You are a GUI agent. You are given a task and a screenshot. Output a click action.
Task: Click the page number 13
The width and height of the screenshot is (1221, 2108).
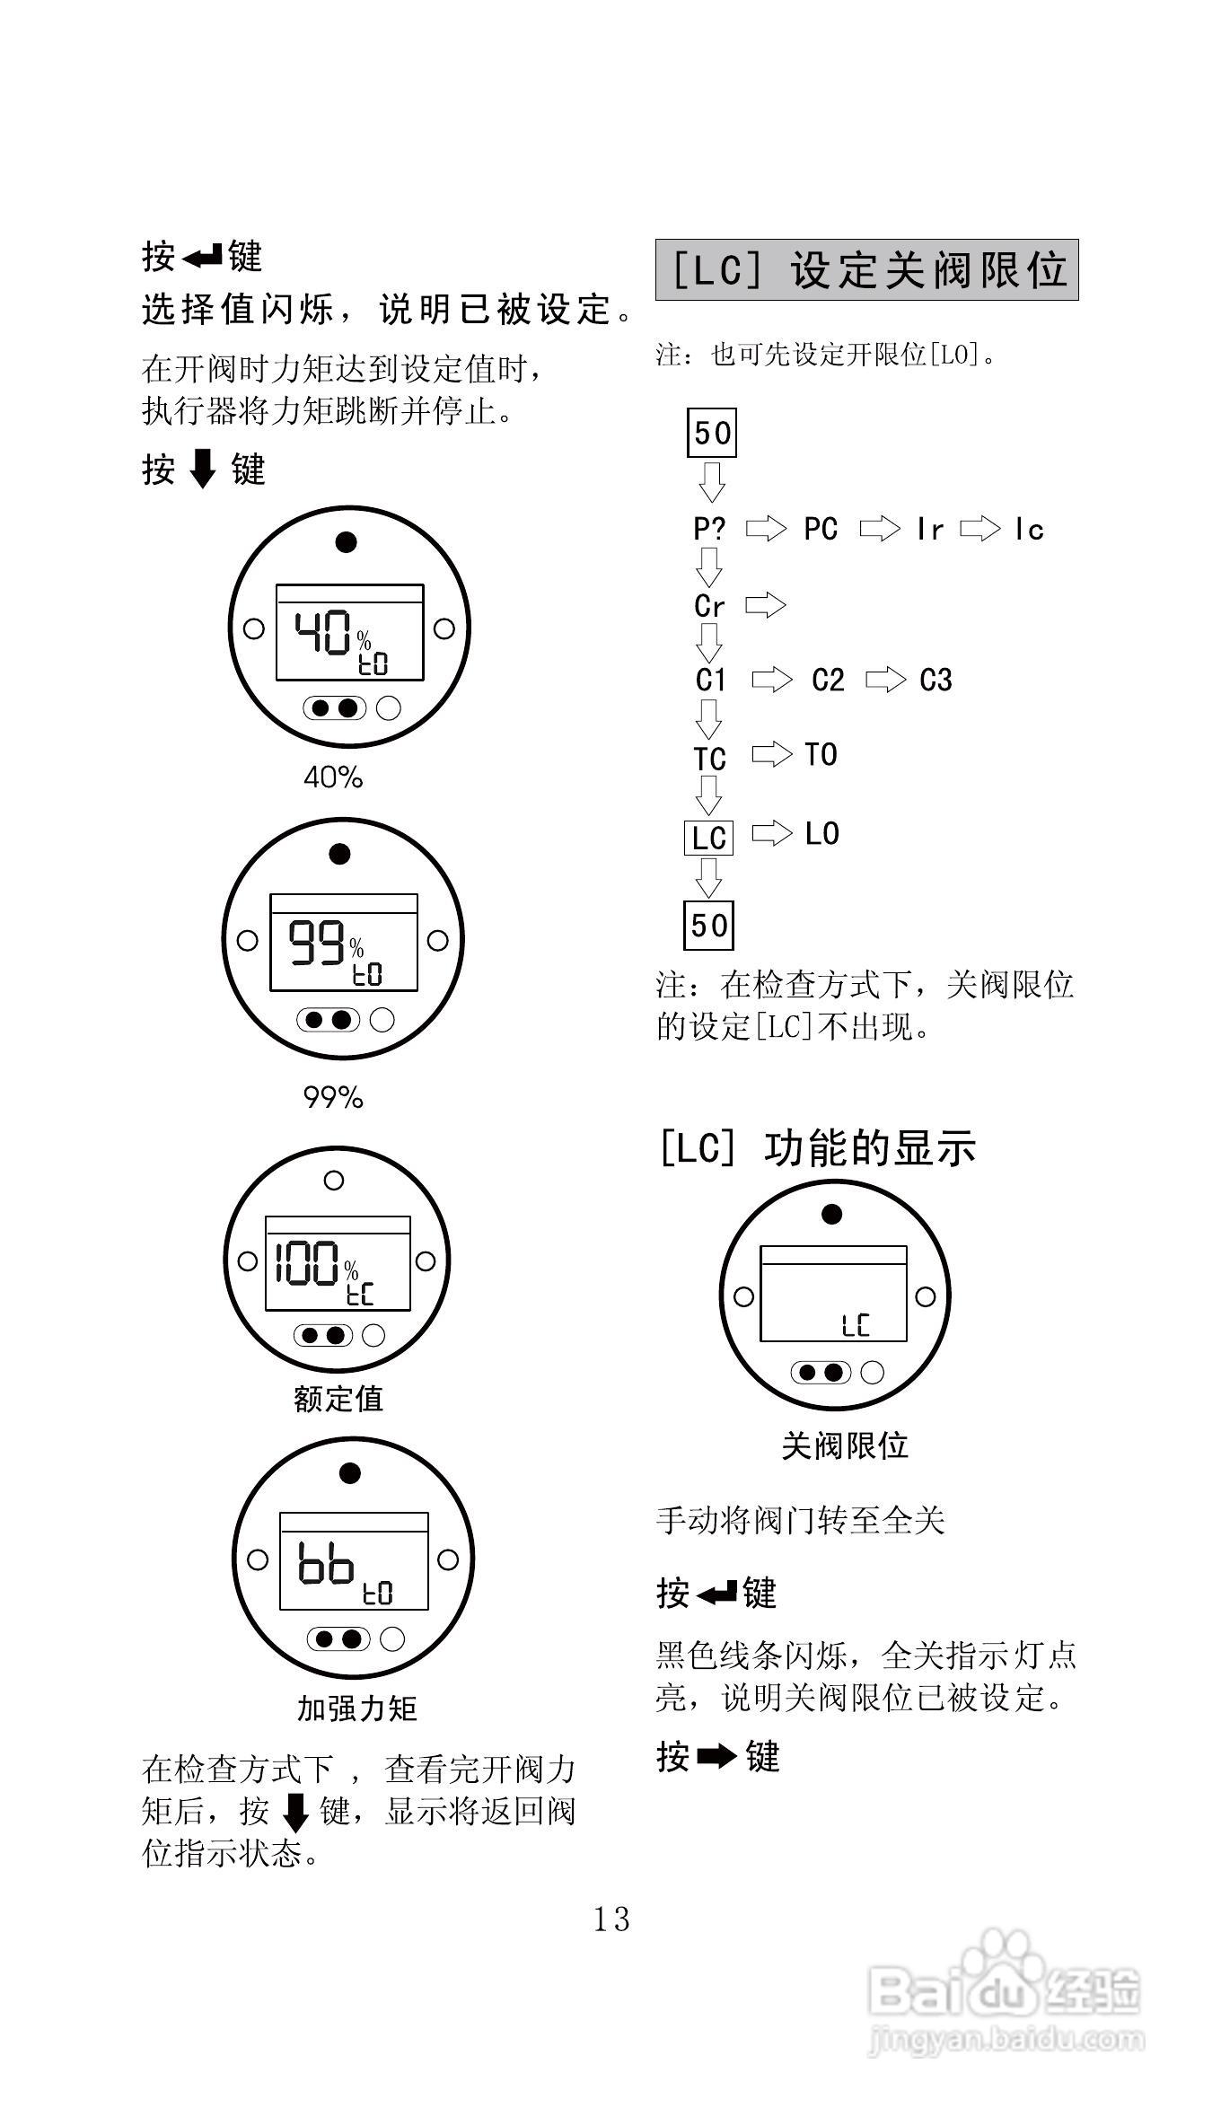click(611, 1919)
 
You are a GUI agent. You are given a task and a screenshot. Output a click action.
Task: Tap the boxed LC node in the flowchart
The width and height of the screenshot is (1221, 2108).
click(708, 838)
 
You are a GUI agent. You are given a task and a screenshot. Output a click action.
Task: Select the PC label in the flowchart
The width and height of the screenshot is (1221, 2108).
click(821, 529)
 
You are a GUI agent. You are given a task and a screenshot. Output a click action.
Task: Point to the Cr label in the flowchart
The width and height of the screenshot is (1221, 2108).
click(709, 606)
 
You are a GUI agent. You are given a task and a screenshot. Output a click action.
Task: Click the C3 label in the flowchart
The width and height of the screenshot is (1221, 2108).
click(936, 681)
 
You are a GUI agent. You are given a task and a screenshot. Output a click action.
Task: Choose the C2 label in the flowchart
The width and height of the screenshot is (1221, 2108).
click(828, 681)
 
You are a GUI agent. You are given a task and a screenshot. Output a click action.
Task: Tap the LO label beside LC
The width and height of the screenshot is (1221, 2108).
click(821, 834)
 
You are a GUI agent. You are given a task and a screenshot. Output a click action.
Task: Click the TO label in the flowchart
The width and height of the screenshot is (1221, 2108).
click(821, 755)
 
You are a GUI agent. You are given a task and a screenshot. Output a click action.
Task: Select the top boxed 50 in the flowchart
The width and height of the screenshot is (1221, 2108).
click(712, 433)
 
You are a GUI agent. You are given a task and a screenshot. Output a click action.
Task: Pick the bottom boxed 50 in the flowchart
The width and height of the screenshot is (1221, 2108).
click(709, 925)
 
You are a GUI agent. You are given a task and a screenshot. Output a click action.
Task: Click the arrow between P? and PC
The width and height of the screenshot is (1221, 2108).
click(766, 529)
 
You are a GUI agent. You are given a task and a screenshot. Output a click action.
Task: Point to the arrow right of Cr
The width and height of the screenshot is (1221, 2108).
click(766, 605)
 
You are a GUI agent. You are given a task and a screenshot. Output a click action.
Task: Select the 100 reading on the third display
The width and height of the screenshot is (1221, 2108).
click(307, 1263)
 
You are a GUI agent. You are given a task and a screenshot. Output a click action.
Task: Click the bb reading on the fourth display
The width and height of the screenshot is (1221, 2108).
click(325, 1563)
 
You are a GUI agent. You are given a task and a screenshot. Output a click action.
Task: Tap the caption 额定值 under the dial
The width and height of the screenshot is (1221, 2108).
click(338, 1399)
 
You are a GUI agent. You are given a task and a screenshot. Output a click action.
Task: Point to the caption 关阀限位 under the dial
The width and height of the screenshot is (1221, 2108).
click(845, 1445)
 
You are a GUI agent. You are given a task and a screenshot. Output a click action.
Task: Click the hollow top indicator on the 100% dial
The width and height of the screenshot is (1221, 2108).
click(334, 1181)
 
